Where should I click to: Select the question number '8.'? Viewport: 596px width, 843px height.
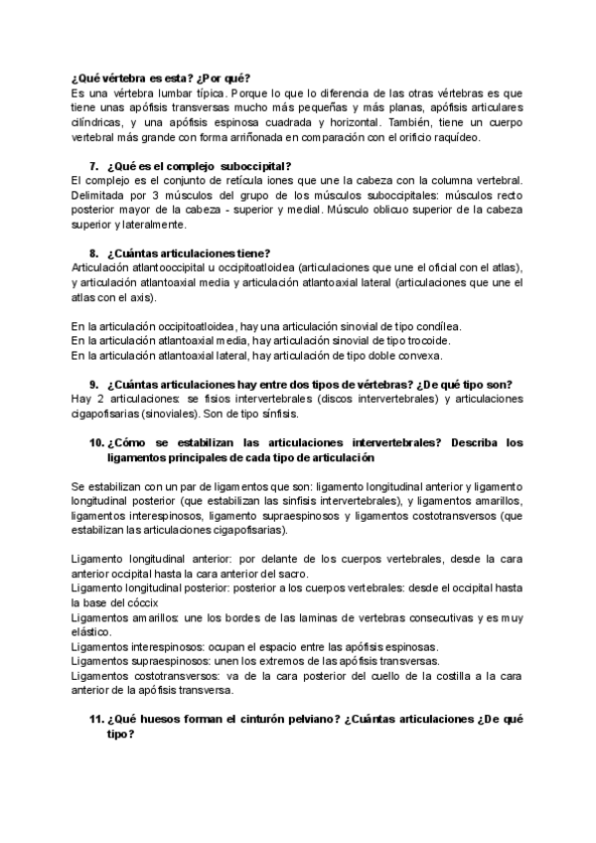[94, 253]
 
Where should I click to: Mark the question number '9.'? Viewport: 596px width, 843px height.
[94, 384]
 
